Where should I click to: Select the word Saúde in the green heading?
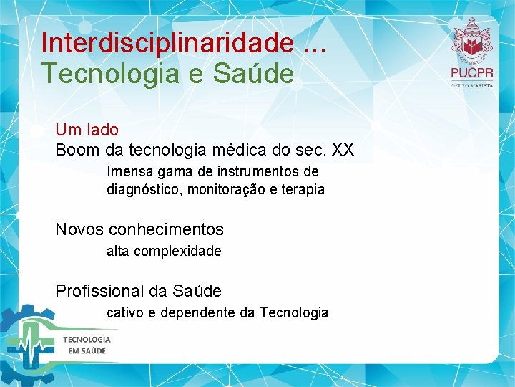coord(260,74)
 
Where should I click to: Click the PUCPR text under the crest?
coord(472,72)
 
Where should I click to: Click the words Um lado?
coord(87,130)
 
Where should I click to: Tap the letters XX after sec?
coord(343,150)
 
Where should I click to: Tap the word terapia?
coord(302,190)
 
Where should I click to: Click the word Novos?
coord(79,229)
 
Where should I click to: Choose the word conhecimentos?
coord(166,229)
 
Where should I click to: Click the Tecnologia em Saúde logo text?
coord(87,345)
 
